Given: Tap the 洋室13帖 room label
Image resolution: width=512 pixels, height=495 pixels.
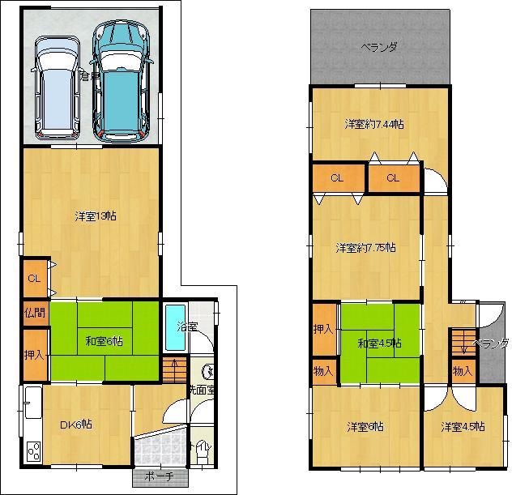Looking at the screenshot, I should pos(96,216).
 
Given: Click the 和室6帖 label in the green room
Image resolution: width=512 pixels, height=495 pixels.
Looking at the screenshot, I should pos(103,341).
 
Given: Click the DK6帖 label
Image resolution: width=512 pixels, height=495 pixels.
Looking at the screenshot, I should pos(75,425).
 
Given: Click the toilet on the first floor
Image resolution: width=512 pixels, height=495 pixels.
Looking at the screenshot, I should pos(200,447).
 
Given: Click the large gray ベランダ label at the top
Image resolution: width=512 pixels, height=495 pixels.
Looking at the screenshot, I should pos(379,47).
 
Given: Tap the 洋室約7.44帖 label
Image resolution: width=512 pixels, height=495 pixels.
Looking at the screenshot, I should pos(374,124).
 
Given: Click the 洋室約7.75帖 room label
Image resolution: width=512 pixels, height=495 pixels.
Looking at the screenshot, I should pos(366,248).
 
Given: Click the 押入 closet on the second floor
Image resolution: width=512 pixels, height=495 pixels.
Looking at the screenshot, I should pos(323,329).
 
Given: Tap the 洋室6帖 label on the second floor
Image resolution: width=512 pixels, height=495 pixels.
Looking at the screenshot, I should pos(366,426).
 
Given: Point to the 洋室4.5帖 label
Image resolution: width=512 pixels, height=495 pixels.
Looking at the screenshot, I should pos(463,426).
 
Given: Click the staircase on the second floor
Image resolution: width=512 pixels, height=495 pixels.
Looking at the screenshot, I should pos(463,340).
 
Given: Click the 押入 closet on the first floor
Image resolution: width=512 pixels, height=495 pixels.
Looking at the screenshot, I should pos(34,354).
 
